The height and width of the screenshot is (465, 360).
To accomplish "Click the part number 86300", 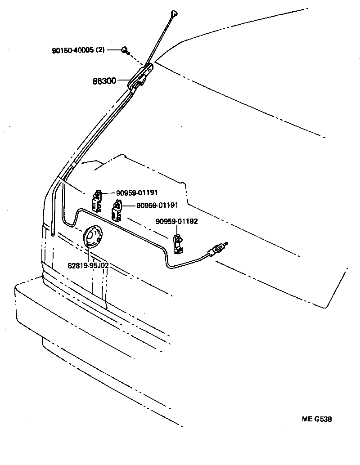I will [104, 81].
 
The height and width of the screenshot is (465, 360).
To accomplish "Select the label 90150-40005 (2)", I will [78, 50].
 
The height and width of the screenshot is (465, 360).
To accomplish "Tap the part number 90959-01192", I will [177, 221].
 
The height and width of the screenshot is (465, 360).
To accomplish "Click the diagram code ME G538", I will [317, 419].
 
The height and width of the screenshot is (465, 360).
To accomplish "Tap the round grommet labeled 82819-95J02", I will [93, 237].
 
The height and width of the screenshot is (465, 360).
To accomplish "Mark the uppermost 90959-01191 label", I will [137, 192].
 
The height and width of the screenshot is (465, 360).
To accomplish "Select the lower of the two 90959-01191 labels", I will [151, 206].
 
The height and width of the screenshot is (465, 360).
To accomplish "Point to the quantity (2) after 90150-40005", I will [100, 50].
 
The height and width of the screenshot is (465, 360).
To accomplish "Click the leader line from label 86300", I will [123, 81].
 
